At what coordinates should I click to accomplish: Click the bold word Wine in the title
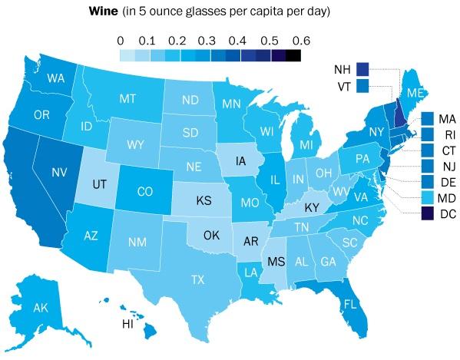point(104,12)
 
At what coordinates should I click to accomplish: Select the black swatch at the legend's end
point(293,54)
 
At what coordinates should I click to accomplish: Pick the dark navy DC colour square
point(429,216)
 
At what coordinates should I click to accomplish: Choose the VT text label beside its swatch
point(343,86)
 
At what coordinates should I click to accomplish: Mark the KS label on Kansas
point(204,201)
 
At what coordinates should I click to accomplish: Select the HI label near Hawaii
point(128,324)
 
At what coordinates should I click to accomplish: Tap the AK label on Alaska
point(41,308)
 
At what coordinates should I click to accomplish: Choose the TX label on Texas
point(197,279)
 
